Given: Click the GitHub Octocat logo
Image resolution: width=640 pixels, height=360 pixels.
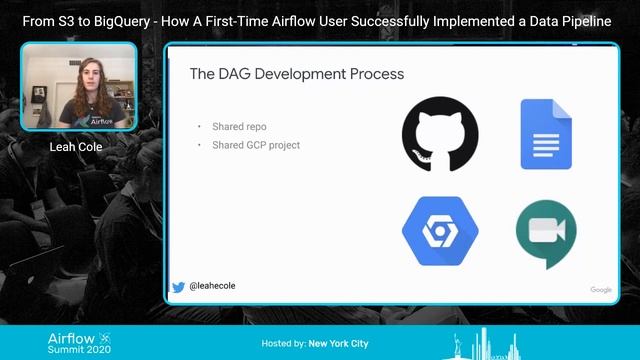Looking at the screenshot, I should point(440,134).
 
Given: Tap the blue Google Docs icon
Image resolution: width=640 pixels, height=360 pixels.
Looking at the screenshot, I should point(546,135).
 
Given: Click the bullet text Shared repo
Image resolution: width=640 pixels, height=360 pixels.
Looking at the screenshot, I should point(239,127).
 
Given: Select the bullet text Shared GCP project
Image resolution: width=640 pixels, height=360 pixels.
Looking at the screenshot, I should point(256,145).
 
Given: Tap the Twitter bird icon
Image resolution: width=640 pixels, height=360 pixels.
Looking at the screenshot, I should point(178,287).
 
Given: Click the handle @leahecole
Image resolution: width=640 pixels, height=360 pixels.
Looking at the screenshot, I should point(212,287).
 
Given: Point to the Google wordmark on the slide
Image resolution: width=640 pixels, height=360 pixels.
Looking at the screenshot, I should point(601,290).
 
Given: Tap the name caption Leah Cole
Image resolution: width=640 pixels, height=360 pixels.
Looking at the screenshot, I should point(78,147).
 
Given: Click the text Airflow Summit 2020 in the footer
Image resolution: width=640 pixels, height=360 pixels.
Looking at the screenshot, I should point(80,344).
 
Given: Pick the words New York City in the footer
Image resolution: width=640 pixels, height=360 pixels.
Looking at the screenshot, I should point(338,344).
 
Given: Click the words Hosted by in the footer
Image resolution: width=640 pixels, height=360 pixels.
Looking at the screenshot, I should point(283,344).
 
